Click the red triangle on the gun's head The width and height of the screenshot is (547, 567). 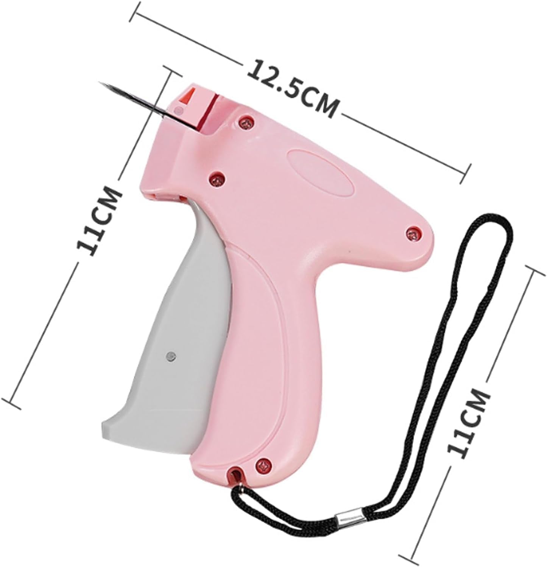[186, 97]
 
